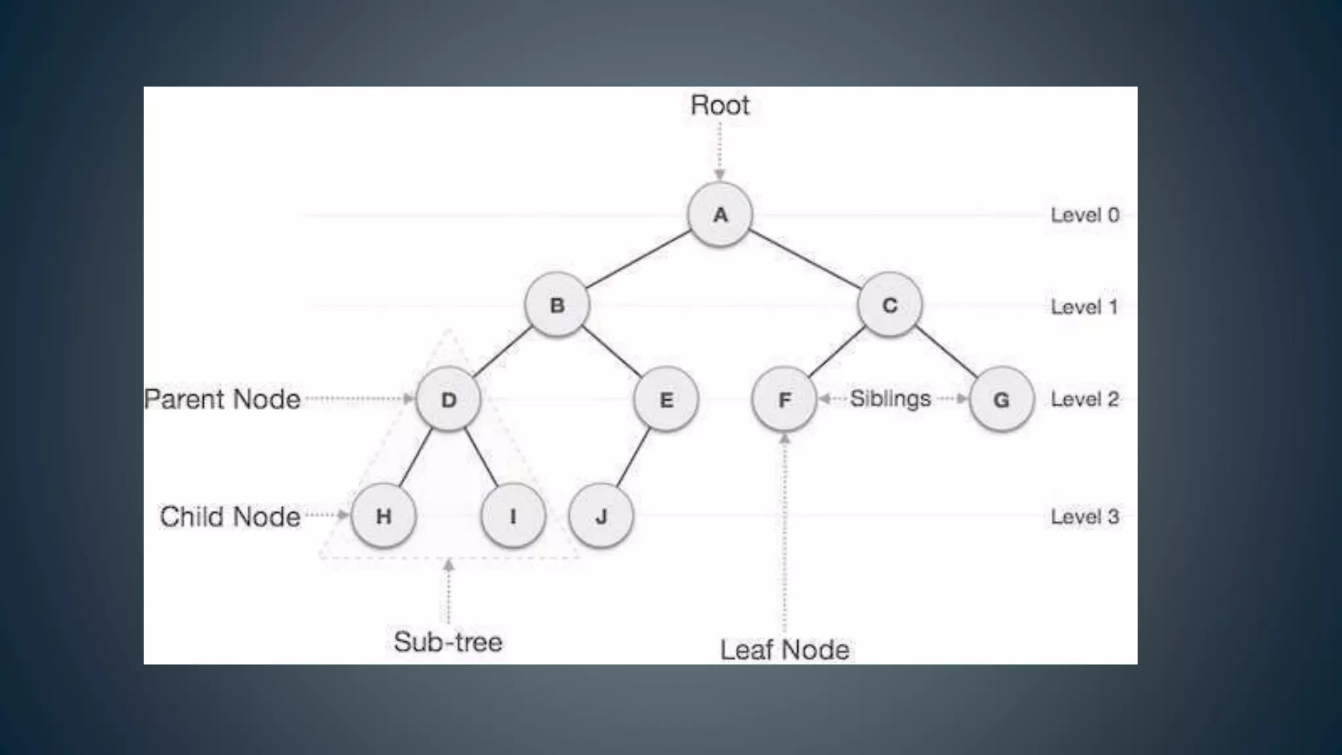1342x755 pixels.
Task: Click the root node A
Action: point(719,214)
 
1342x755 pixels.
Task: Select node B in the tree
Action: point(557,305)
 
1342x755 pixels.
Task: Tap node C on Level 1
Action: point(889,305)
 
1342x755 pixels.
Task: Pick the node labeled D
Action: point(448,399)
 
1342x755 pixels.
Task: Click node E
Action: point(666,399)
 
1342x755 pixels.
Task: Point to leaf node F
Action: point(784,399)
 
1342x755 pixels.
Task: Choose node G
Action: point(1001,399)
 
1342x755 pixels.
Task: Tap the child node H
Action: point(383,516)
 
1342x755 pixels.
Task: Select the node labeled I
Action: point(512,516)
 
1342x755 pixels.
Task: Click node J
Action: point(601,516)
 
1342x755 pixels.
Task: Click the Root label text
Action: point(719,106)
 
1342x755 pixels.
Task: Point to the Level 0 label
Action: point(1084,215)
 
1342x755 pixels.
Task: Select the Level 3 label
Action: point(1084,516)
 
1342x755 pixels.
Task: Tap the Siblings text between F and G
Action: point(890,398)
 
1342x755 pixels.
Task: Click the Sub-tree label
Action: point(448,642)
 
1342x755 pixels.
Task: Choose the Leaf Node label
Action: point(784,649)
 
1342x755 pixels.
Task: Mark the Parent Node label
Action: point(222,399)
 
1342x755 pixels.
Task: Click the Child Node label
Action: point(230,516)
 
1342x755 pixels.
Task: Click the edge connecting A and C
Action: point(805,260)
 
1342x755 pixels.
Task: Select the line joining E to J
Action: point(633,457)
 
